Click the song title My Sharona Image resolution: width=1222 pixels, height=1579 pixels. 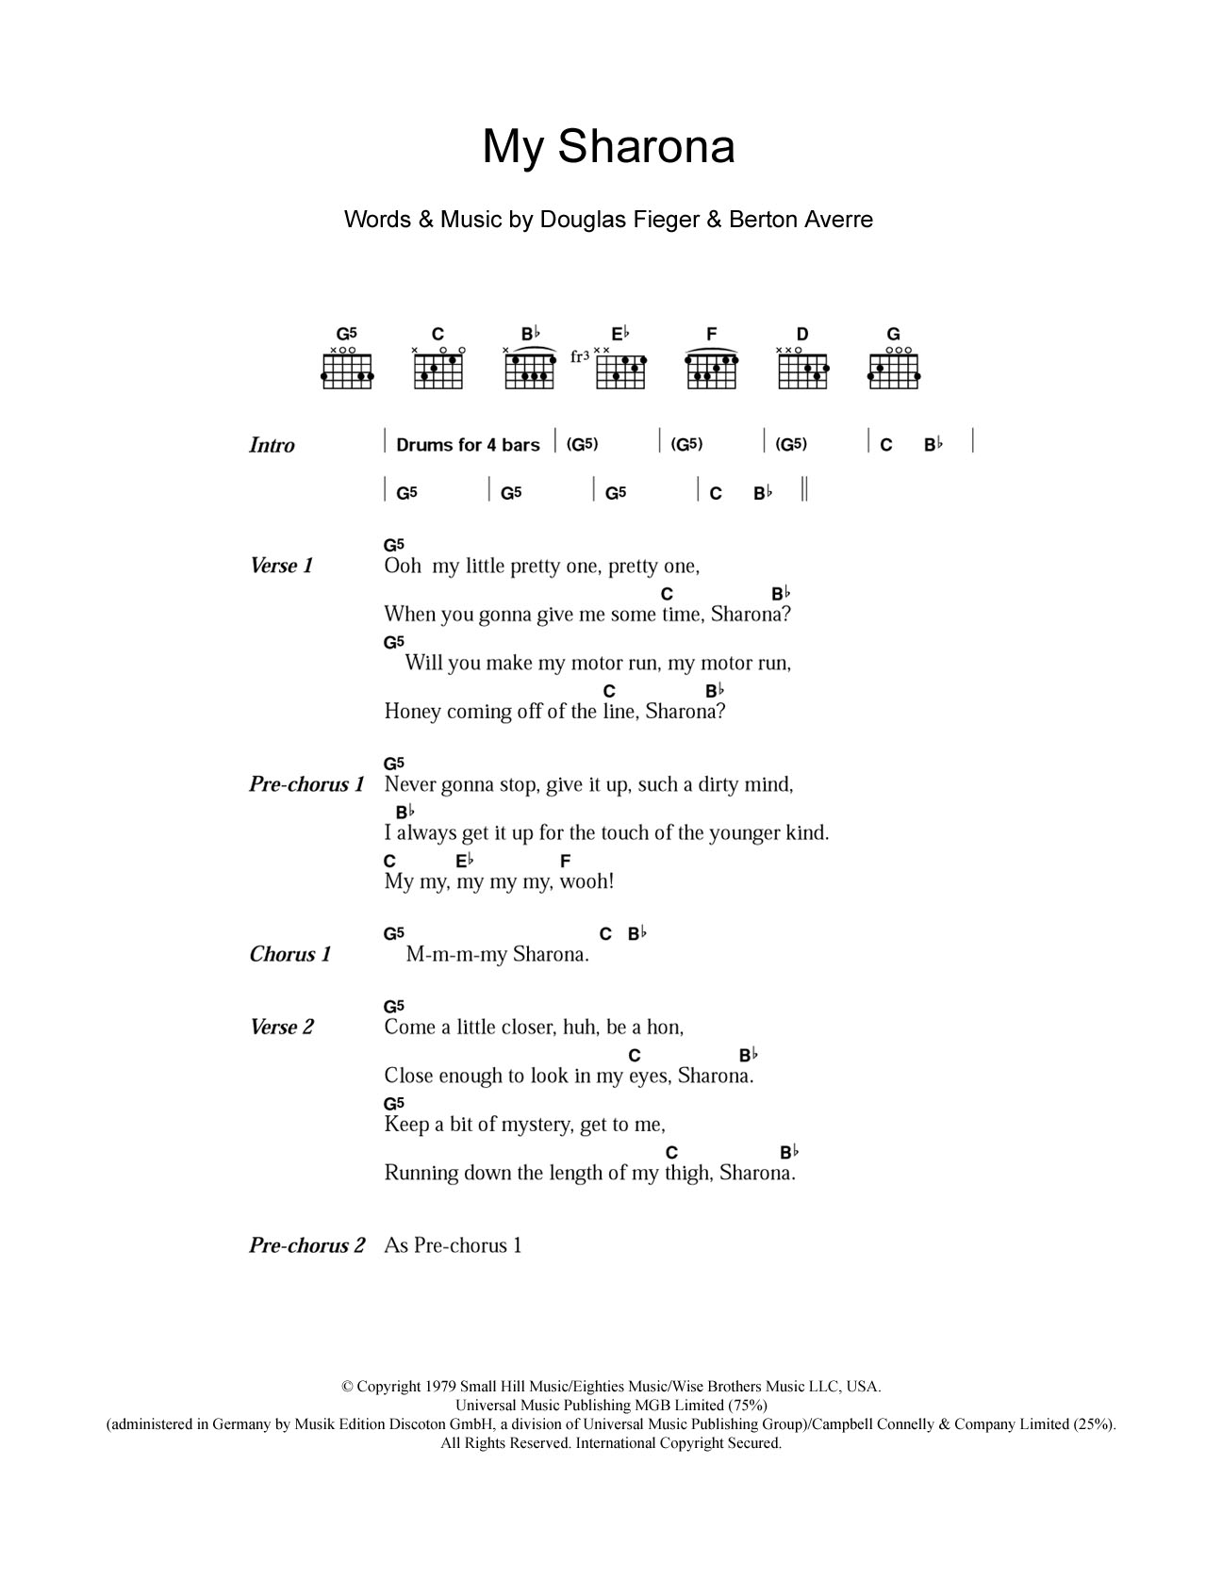[x=608, y=147]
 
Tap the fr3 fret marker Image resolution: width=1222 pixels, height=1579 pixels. [x=580, y=357]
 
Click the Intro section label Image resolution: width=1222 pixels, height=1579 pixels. [x=272, y=445]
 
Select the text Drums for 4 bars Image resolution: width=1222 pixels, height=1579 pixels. [x=468, y=445]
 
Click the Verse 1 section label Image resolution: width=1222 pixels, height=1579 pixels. [x=281, y=566]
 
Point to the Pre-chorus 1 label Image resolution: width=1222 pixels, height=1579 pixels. [x=306, y=784]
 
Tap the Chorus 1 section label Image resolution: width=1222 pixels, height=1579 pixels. [x=290, y=954]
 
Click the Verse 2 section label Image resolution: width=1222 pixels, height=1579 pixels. [x=281, y=1027]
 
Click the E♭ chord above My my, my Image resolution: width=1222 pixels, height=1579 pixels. [x=464, y=861]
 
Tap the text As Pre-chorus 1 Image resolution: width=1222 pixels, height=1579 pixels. [x=453, y=1245]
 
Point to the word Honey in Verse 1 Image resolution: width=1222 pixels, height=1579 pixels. [x=412, y=712]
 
